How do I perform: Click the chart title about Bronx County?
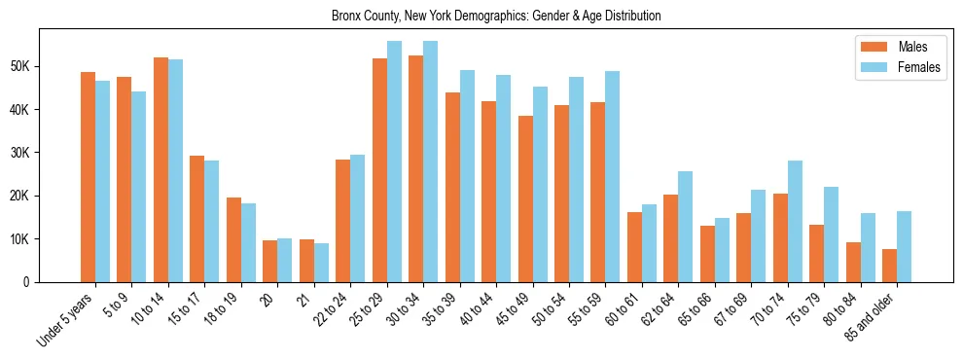tap(496, 17)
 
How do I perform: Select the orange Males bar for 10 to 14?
tap(160, 170)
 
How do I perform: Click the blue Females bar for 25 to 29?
tap(394, 162)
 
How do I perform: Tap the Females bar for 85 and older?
tap(905, 246)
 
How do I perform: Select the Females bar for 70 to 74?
tap(796, 221)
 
